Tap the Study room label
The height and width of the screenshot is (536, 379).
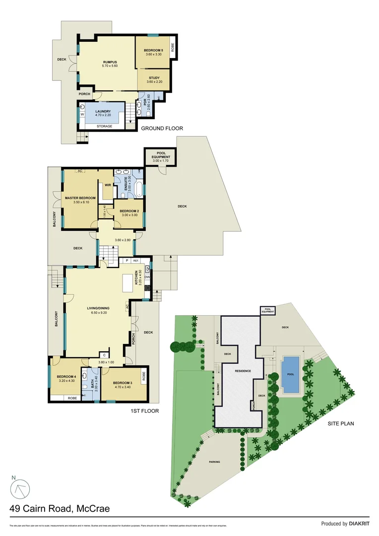pyautogui.click(x=154, y=78)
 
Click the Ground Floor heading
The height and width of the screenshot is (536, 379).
pyautogui.click(x=162, y=129)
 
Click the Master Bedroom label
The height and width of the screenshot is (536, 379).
pyautogui.click(x=79, y=198)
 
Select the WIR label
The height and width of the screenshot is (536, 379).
pyautogui.click(x=107, y=186)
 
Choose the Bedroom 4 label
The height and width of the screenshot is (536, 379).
pyautogui.click(x=65, y=377)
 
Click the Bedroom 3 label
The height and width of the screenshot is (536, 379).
pyautogui.click(x=122, y=382)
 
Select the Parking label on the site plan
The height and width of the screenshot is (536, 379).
pyautogui.click(x=214, y=462)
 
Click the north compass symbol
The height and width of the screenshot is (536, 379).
pyautogui.click(x=20, y=489)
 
